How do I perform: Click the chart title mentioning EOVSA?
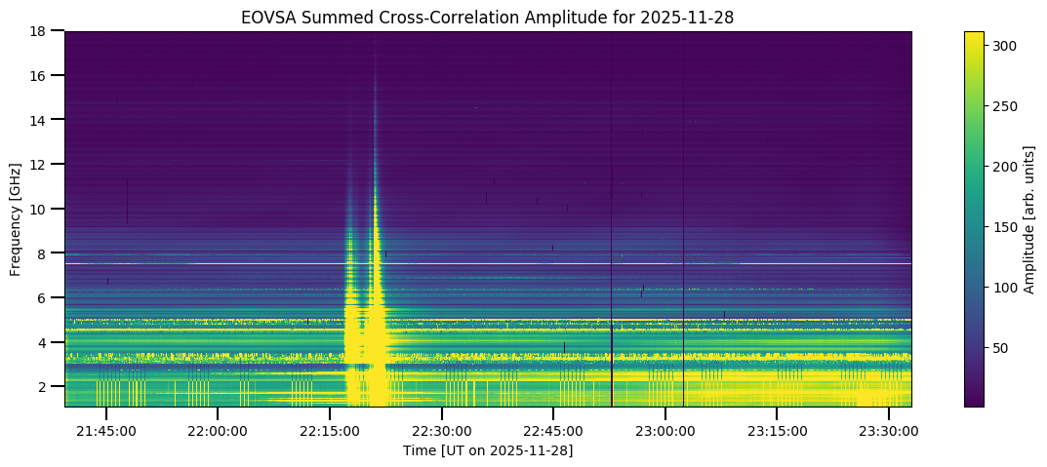(x=488, y=17)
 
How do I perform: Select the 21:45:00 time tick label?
(x=105, y=431)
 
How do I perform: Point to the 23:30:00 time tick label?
(x=889, y=431)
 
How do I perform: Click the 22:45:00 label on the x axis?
(x=553, y=431)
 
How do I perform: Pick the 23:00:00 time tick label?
(x=665, y=431)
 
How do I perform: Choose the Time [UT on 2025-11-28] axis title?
(x=488, y=450)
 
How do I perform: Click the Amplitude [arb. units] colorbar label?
(x=1028, y=218)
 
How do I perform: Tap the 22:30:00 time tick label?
(x=441, y=431)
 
